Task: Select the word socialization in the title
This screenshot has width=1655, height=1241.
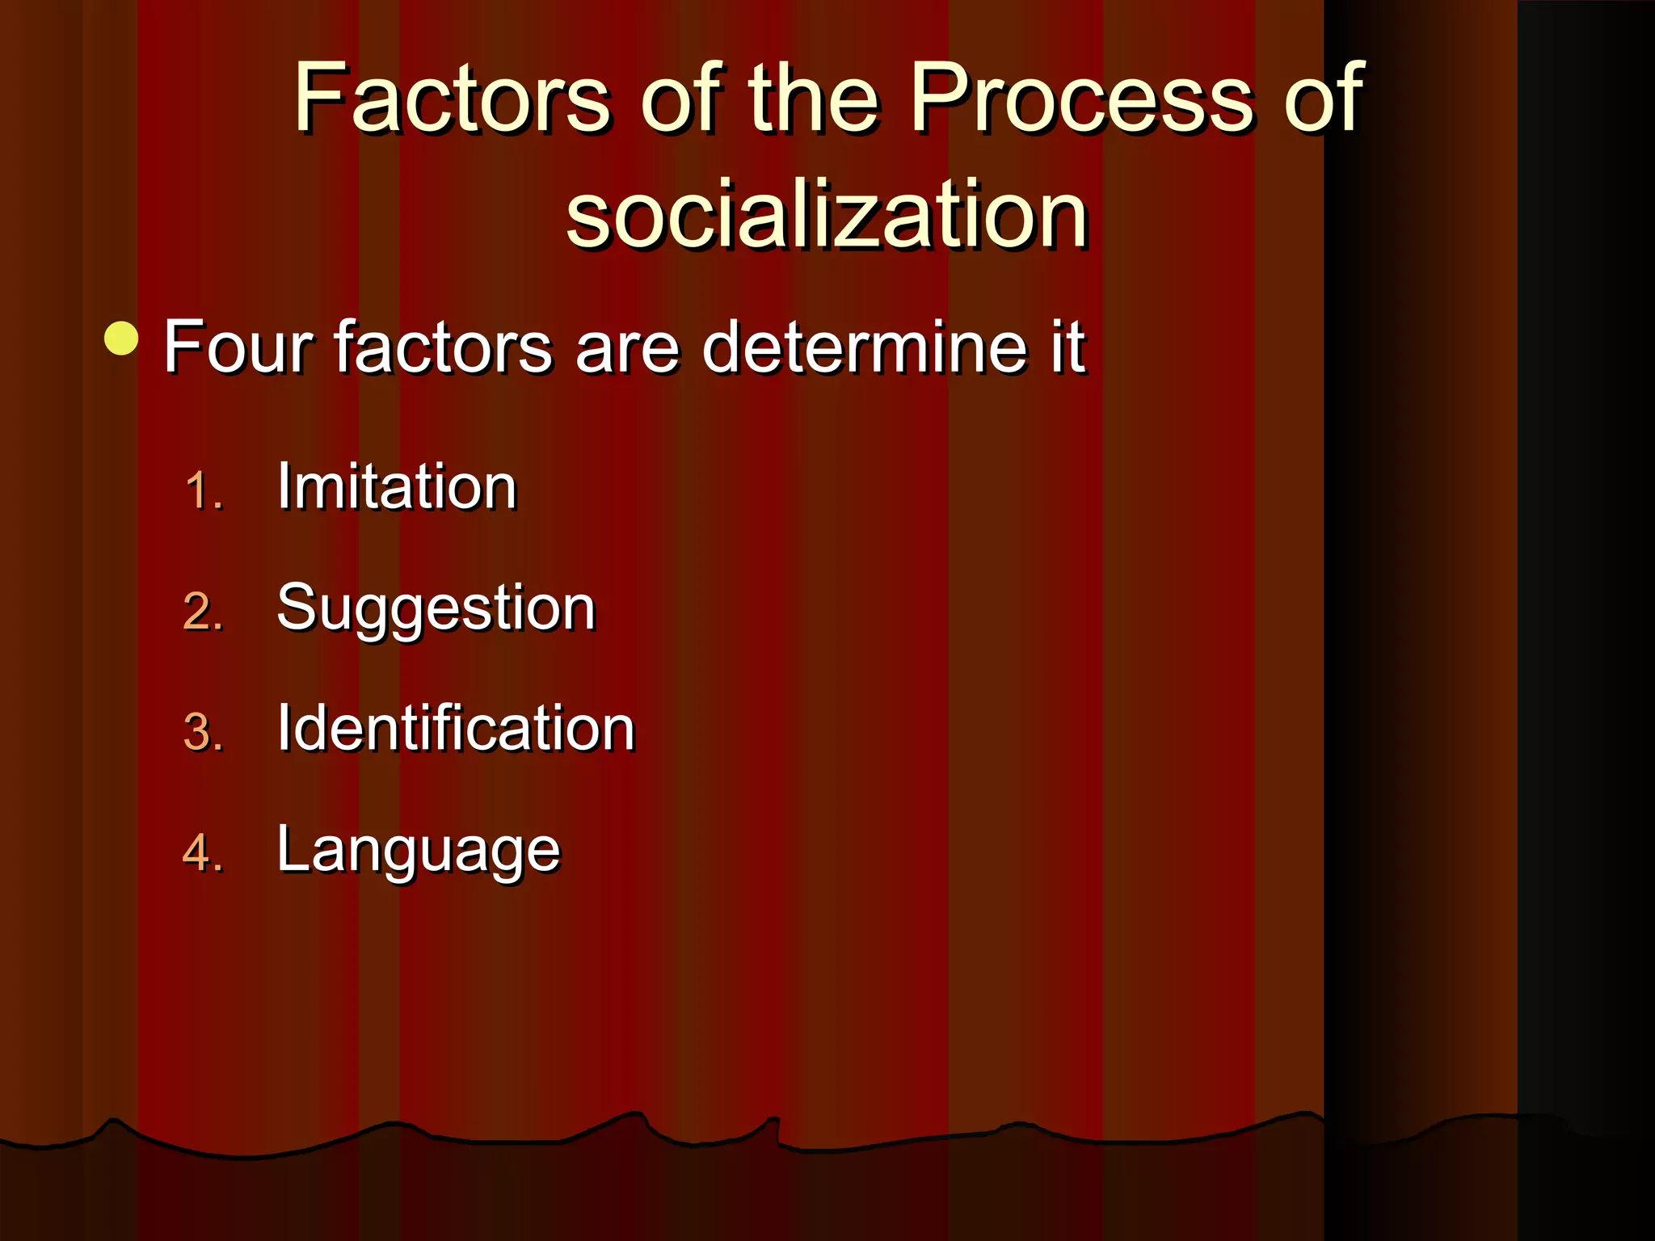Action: [x=826, y=215]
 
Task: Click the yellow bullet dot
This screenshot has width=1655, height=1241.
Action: [x=122, y=339]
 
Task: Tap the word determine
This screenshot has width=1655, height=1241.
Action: [x=864, y=347]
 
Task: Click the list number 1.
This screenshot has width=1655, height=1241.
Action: [x=201, y=490]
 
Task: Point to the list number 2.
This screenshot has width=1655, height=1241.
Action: [x=202, y=612]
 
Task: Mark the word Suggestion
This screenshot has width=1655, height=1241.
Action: [x=436, y=608]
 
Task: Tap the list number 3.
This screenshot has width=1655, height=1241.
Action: [x=202, y=733]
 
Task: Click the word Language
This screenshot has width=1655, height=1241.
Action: [x=418, y=851]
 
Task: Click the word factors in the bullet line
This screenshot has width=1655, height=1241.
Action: [x=443, y=347]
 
